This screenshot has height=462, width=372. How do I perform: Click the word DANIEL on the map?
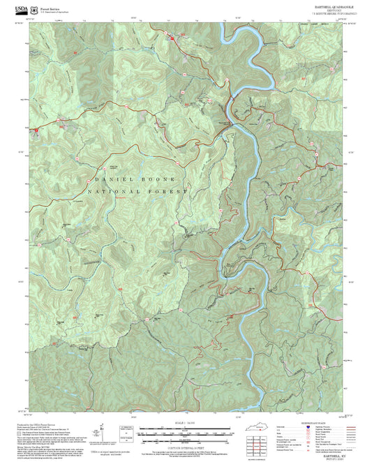point(105,179)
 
